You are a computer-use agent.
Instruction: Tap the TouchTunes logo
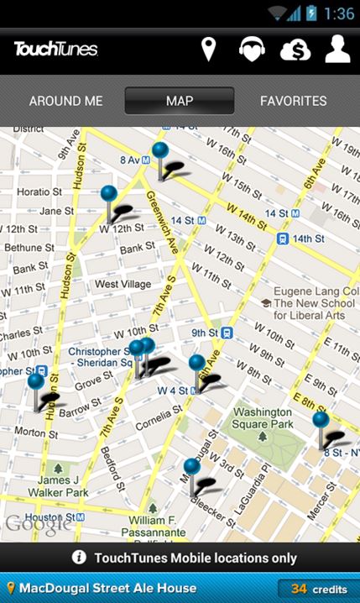click(56, 50)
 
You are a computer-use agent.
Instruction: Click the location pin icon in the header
click(208, 50)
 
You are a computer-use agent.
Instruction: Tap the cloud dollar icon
click(295, 50)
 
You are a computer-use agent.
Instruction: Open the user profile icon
click(337, 50)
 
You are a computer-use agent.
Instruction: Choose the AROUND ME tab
click(65, 101)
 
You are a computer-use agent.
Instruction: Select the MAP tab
click(180, 101)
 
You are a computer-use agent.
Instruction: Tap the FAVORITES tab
click(293, 101)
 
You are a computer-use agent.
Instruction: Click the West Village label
click(123, 285)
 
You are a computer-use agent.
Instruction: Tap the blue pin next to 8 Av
click(160, 151)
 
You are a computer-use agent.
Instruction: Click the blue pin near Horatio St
click(108, 194)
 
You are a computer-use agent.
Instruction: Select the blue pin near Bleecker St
click(192, 466)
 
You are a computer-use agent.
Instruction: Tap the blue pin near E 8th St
click(321, 420)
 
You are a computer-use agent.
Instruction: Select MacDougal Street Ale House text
click(107, 590)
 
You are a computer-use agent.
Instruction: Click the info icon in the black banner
click(79, 558)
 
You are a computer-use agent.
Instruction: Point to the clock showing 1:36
click(338, 13)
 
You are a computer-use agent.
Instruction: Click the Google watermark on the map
click(37, 525)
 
